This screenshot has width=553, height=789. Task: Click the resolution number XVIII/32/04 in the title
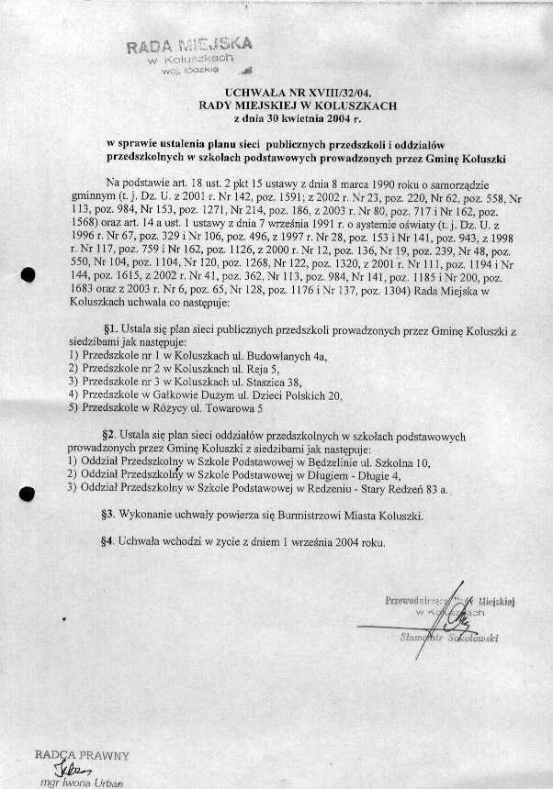point(336,93)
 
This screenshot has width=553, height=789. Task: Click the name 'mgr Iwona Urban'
point(75,783)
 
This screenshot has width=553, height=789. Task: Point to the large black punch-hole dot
point(28,273)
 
